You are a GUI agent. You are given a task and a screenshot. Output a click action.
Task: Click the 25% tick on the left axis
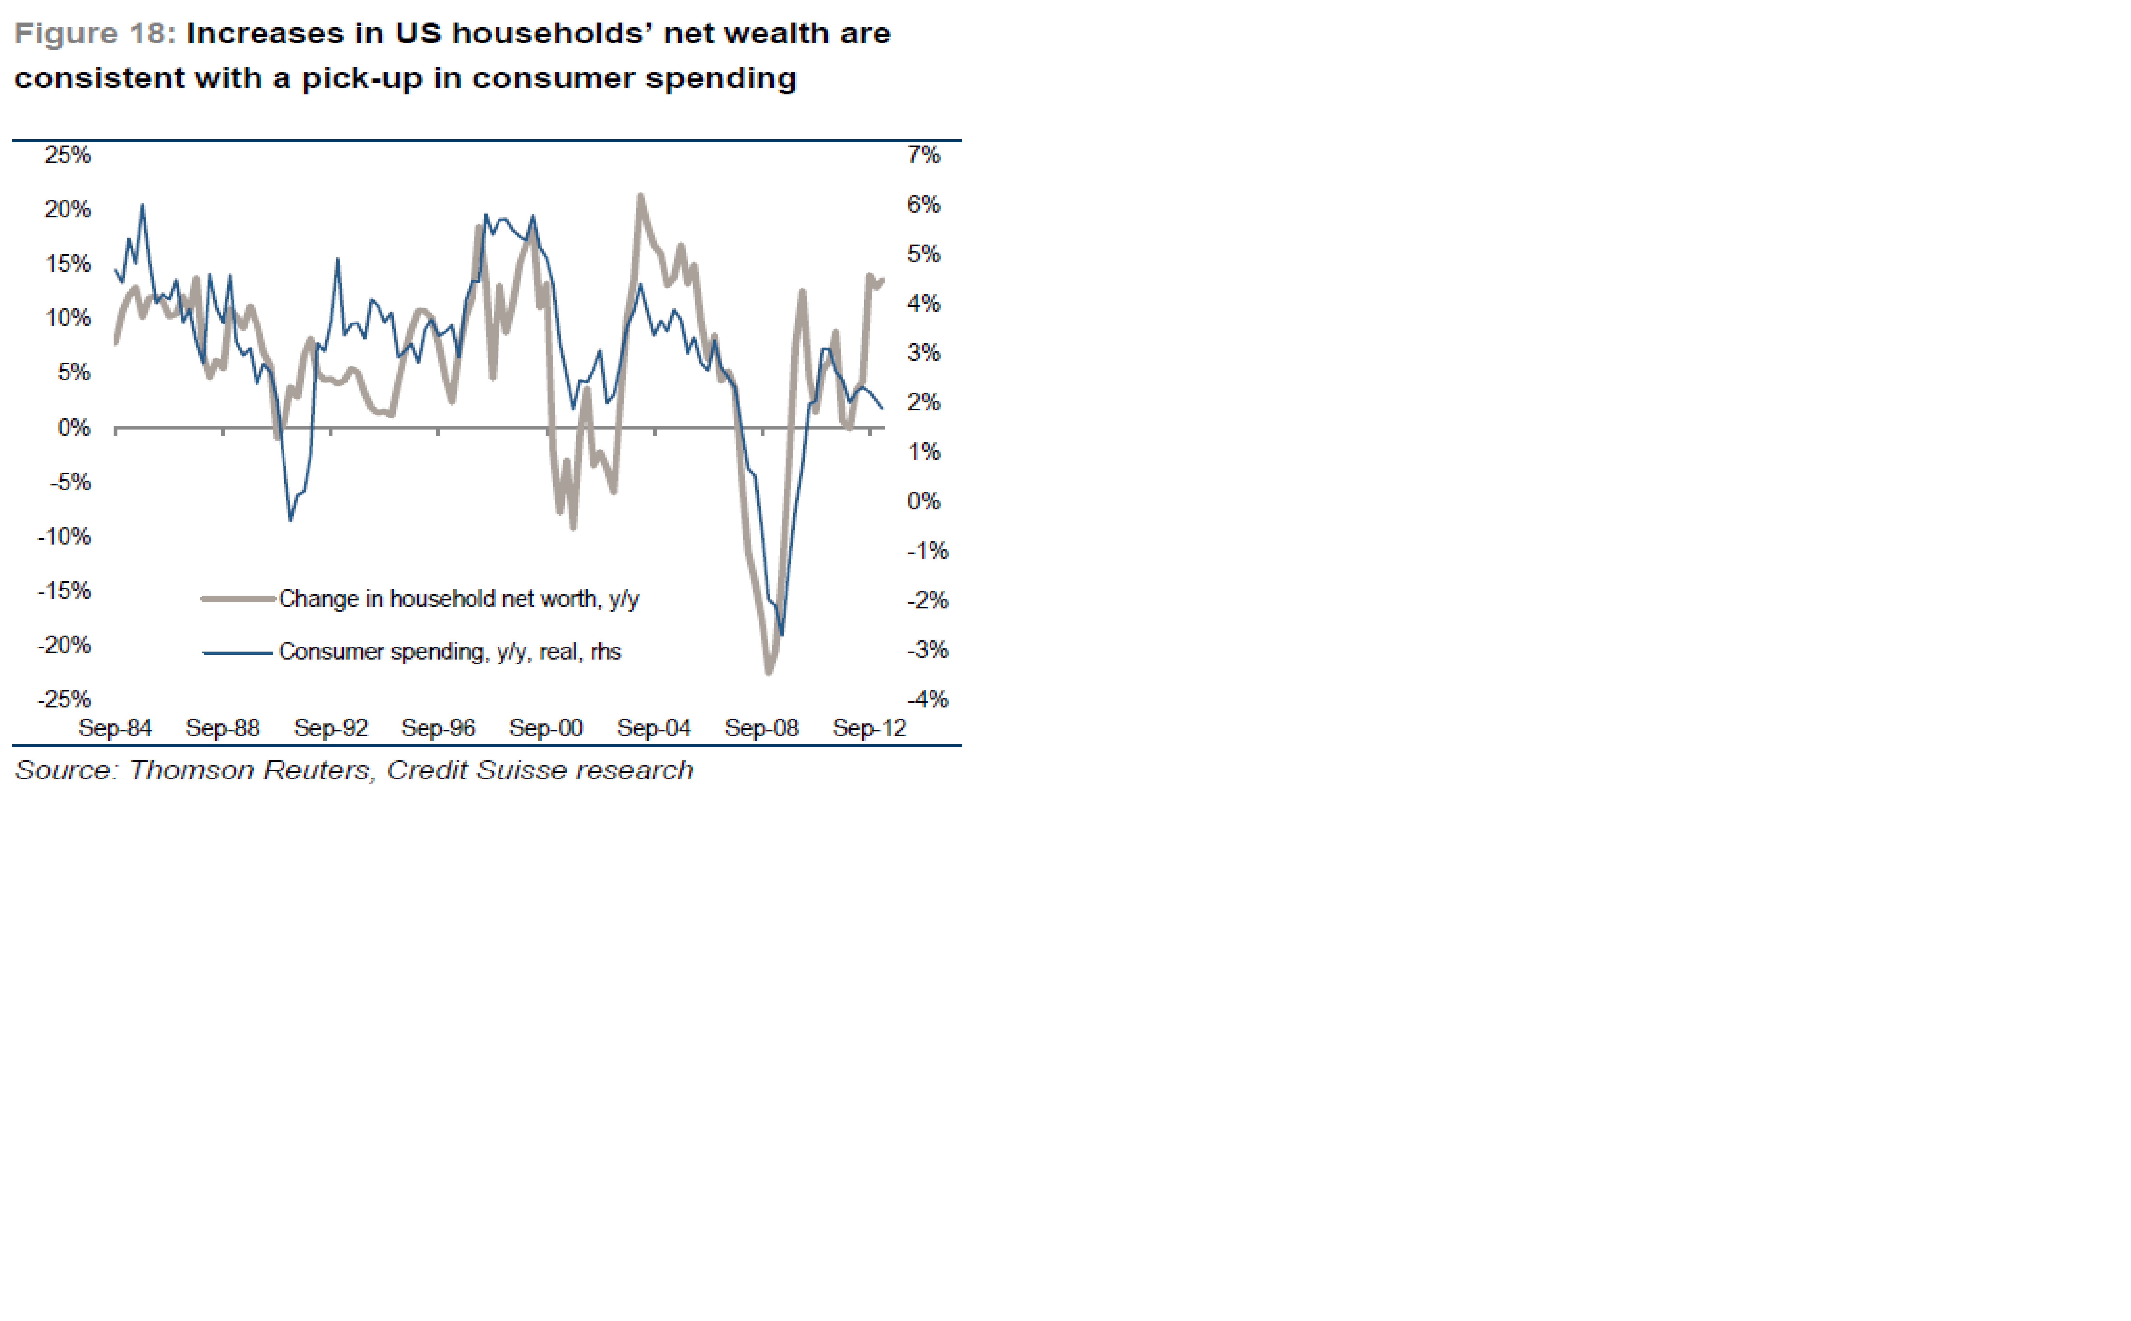(67, 155)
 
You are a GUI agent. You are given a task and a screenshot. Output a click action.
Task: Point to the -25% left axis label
(64, 699)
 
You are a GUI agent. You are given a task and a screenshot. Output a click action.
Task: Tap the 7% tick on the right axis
(924, 155)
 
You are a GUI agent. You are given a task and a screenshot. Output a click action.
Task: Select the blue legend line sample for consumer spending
(238, 652)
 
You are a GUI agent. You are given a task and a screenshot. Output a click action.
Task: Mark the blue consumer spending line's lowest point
(781, 634)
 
